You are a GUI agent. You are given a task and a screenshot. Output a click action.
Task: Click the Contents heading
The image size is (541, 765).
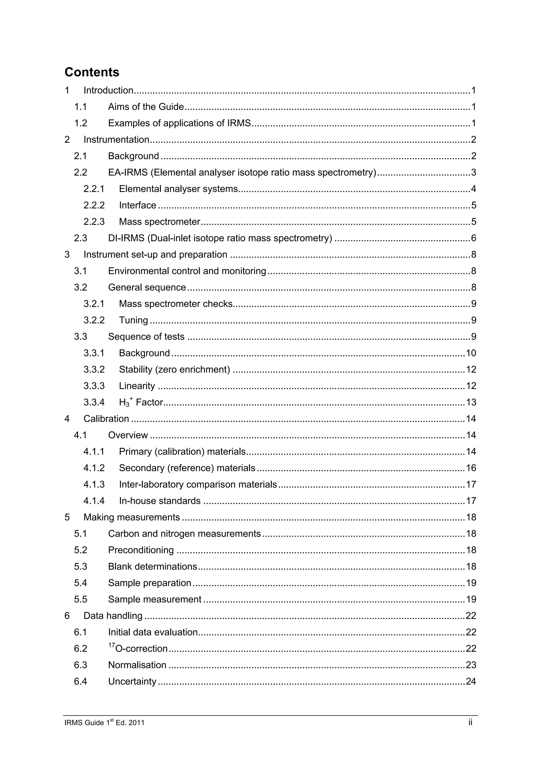(92, 72)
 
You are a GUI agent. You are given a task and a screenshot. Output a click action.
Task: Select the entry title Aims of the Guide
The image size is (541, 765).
(146, 107)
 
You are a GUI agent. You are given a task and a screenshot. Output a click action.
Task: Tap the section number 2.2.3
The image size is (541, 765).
(94, 221)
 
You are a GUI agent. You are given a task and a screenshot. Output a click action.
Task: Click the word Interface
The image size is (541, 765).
(137, 205)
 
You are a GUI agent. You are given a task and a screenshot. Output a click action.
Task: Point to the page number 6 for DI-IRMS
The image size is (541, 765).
(473, 238)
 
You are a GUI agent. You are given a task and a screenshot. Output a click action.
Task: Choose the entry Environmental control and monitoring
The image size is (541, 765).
(187, 271)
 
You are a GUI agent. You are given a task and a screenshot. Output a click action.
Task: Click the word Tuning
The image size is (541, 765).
(133, 320)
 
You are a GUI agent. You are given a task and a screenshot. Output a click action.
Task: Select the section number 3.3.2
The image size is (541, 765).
(94, 370)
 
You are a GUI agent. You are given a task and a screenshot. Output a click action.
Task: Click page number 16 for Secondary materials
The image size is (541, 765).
(471, 468)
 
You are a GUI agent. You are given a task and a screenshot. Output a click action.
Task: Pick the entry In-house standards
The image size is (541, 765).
(160, 501)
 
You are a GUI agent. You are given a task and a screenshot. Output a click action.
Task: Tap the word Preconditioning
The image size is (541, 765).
(141, 550)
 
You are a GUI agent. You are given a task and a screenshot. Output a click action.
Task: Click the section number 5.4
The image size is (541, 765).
(80, 583)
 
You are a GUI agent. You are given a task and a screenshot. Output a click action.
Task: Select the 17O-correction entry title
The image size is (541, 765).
(138, 648)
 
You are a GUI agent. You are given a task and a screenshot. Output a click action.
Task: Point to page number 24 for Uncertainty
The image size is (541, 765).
(471, 681)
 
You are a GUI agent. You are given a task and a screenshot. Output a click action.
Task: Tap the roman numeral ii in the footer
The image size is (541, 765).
(470, 722)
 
